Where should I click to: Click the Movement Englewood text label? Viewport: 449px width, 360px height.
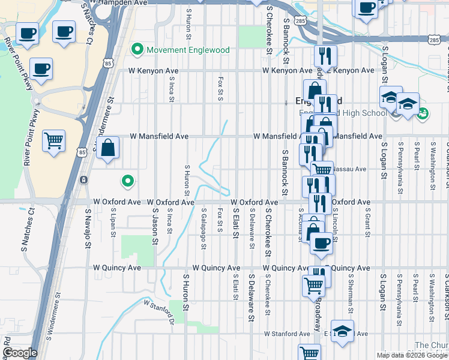pos(188,50)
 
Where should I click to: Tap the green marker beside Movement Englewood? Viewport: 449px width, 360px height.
pos(138,49)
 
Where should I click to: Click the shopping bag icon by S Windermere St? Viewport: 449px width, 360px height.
pos(107,148)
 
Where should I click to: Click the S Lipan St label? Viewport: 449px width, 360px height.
pos(112,223)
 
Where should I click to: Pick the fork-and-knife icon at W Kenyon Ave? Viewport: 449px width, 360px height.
pos(325,56)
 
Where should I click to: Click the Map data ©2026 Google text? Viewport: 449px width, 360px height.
pos(411,355)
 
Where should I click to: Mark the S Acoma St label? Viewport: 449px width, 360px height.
pos(300,226)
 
